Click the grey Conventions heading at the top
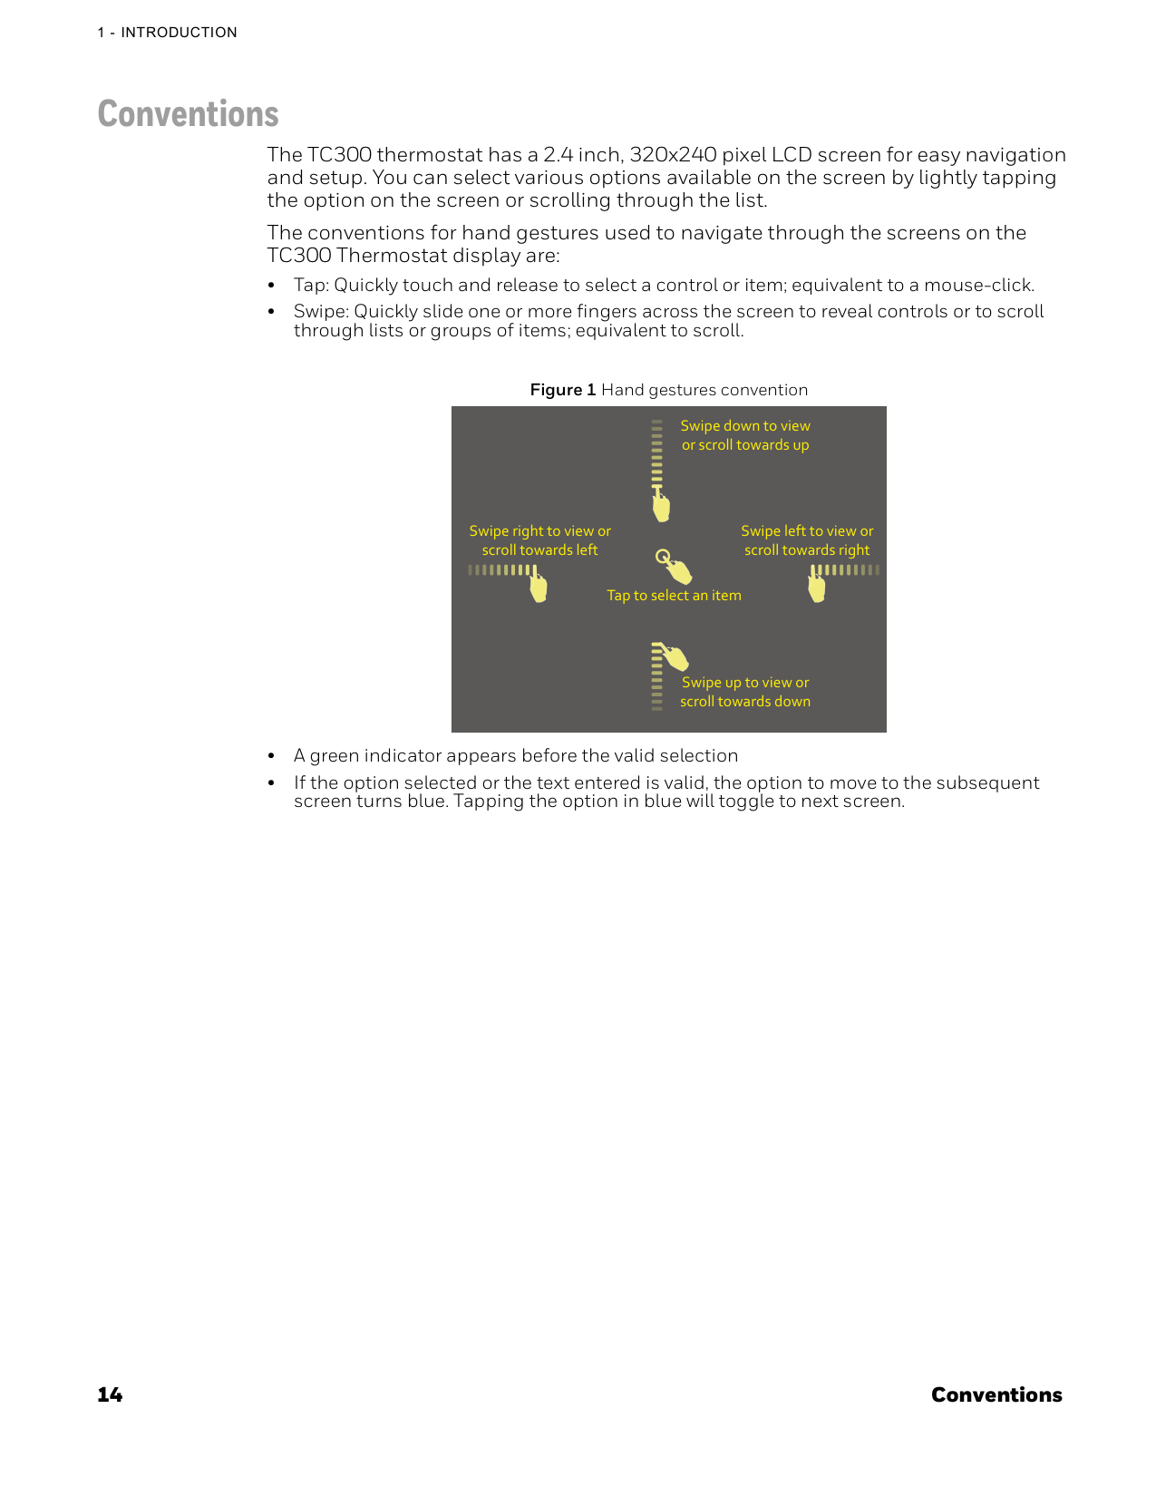pos(188,114)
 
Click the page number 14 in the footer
pos(110,1394)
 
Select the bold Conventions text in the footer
pos(996,1394)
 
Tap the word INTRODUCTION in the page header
pos(179,33)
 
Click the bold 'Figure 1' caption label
pos(562,390)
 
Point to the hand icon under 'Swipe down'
pos(661,506)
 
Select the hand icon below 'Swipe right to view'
pos(539,587)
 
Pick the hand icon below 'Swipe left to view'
pos(817,587)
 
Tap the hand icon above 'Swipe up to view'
pos(673,656)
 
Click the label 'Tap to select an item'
pos(674,596)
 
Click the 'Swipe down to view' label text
pos(745,426)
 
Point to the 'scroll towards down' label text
pos(745,702)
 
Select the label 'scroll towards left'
pos(539,550)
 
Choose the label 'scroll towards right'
pos(807,550)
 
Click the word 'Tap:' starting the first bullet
pos(311,286)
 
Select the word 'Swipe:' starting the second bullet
pos(321,312)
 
